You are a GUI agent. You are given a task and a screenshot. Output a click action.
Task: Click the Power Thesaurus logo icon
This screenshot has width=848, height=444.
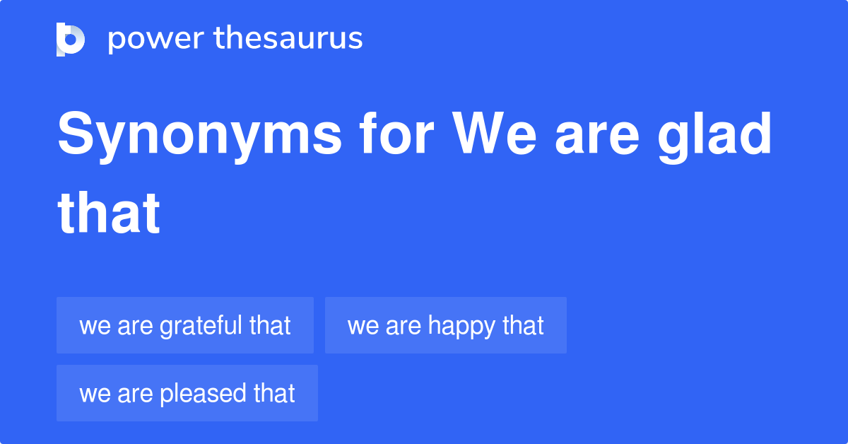(71, 39)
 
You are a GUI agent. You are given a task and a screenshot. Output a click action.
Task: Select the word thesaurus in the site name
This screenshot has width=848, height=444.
(288, 39)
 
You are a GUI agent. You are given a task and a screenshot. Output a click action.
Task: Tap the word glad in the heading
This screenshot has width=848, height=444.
(715, 136)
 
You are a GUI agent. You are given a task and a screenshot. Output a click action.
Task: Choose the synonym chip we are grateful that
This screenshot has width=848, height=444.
(185, 325)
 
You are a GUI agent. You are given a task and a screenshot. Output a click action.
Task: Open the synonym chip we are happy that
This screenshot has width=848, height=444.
(445, 325)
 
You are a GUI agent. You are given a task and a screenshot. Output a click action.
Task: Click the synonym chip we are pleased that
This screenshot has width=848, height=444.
(187, 393)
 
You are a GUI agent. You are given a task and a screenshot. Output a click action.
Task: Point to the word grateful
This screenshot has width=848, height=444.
(201, 325)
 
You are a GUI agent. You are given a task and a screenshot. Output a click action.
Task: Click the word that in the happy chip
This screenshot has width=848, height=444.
(524, 325)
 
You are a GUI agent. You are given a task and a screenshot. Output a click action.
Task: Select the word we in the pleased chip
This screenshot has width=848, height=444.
(93, 394)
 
